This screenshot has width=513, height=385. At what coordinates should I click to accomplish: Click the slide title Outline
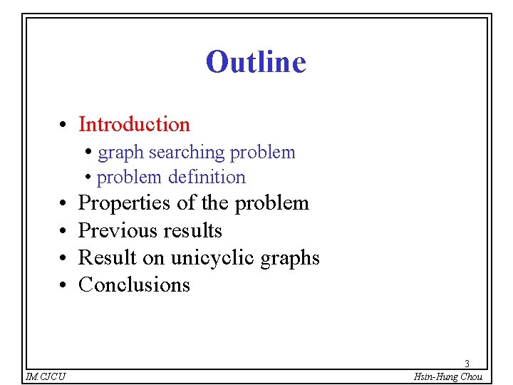256,62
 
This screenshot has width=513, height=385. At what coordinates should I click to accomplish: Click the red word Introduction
134,124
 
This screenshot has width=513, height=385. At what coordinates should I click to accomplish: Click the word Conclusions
134,284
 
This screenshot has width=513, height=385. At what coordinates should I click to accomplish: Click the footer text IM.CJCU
45,376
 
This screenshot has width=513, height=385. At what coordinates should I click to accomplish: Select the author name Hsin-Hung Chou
447,376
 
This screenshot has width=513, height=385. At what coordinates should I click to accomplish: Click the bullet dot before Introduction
63,125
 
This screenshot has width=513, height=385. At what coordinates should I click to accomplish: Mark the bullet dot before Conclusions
63,286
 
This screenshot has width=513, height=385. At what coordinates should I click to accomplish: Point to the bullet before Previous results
63,232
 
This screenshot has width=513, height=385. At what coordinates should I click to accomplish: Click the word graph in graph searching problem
120,153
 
